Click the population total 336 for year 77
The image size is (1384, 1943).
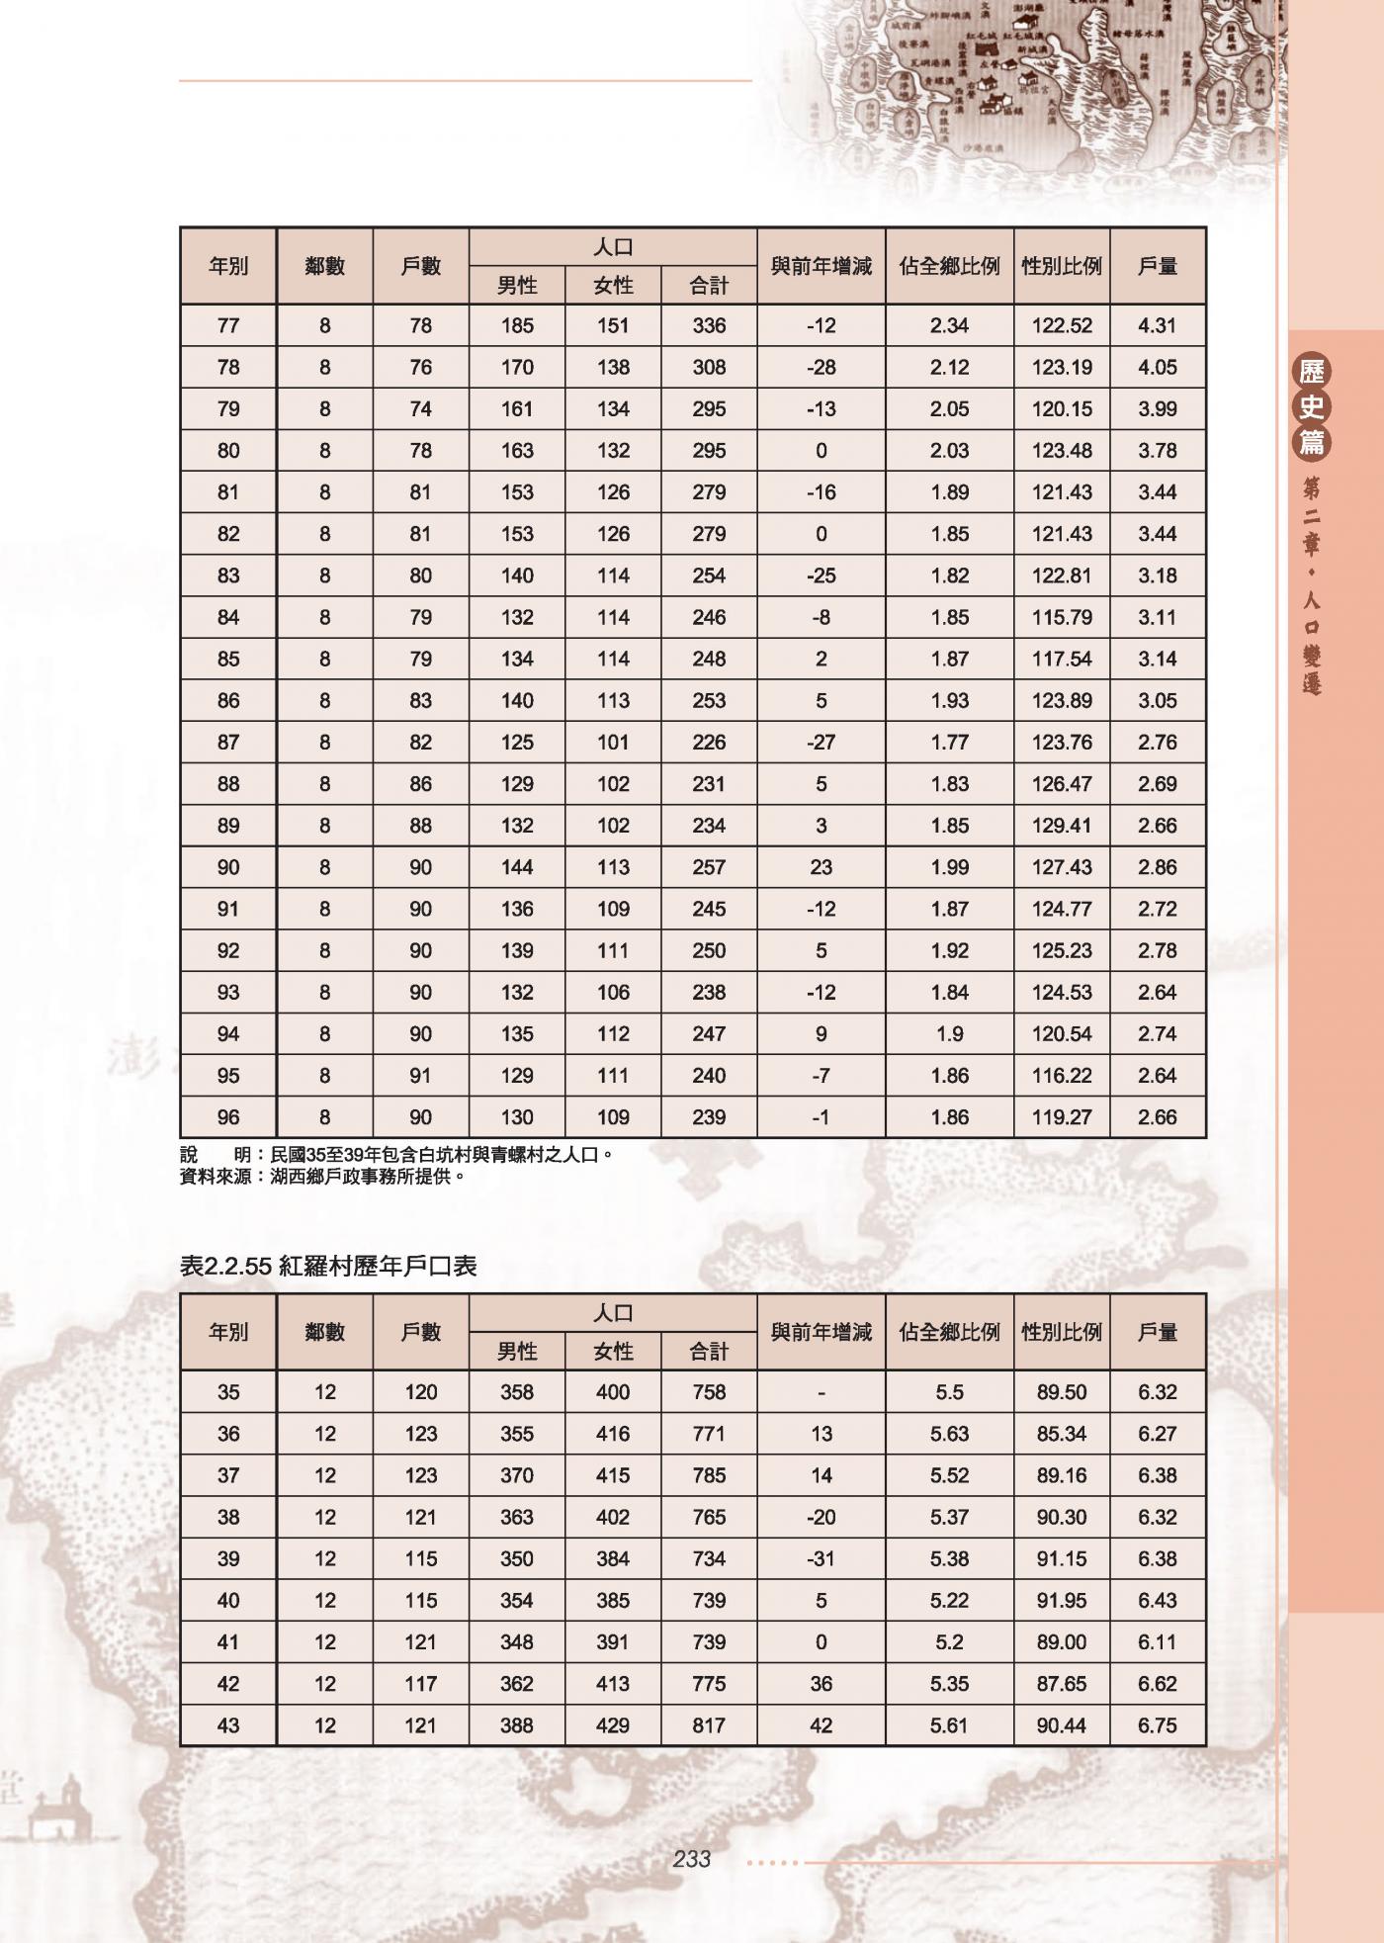(x=709, y=325)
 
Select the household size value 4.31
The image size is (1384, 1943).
(x=1157, y=325)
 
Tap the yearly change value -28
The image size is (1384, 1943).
(x=821, y=368)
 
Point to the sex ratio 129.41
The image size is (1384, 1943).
(x=1061, y=826)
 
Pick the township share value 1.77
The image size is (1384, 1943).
(x=949, y=743)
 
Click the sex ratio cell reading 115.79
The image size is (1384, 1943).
(x=1061, y=618)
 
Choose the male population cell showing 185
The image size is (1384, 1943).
(x=517, y=325)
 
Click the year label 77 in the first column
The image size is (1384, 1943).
(x=228, y=325)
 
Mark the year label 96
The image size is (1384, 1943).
(x=228, y=1117)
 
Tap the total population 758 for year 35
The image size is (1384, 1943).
(x=709, y=1392)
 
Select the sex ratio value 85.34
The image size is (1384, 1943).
(x=1061, y=1434)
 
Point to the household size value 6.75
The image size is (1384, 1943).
(x=1157, y=1725)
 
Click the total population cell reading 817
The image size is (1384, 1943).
(x=709, y=1725)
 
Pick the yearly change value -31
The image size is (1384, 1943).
(x=821, y=1559)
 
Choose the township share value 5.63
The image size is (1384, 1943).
(x=949, y=1434)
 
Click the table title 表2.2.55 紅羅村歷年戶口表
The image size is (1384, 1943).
(x=328, y=1266)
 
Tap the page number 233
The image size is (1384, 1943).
(x=691, y=1859)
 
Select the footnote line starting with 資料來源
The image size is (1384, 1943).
(x=322, y=1177)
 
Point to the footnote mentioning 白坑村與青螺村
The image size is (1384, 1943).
(x=395, y=1154)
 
